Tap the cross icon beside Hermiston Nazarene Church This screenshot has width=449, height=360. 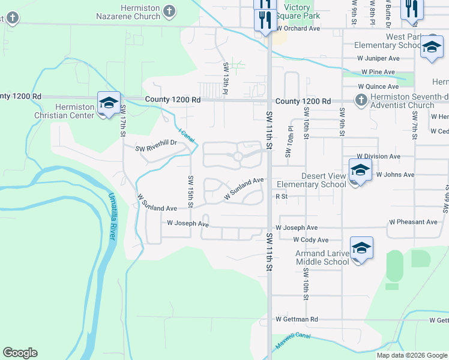coord(170,11)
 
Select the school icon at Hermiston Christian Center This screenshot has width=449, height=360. coord(109,103)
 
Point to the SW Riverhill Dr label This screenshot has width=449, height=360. coord(155,143)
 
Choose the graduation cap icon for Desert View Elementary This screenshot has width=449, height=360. coord(360,169)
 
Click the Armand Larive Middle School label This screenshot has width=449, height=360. coord(322,257)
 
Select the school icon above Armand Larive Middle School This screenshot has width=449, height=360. coord(361,248)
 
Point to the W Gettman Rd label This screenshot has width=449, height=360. coord(297,320)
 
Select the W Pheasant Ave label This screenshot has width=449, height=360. coord(413,222)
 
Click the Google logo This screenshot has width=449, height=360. coord(20,353)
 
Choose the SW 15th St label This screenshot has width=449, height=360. coord(191,191)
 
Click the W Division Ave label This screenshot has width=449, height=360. coord(378,157)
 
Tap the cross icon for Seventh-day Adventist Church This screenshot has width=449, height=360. coord(360,100)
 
